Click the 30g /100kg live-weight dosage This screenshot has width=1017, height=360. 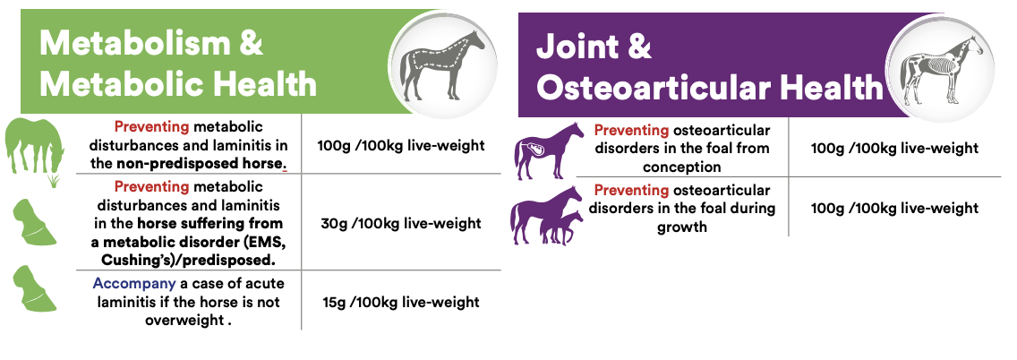pos(401,224)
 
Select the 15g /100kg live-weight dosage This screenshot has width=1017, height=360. pos(401,303)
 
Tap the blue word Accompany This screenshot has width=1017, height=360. pos(133,284)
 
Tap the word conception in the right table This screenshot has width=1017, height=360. pos(681,167)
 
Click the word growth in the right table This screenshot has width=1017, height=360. pos(681,227)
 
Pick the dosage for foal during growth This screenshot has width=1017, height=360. pos(893,209)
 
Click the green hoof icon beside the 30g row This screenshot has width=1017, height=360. pos(35,222)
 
